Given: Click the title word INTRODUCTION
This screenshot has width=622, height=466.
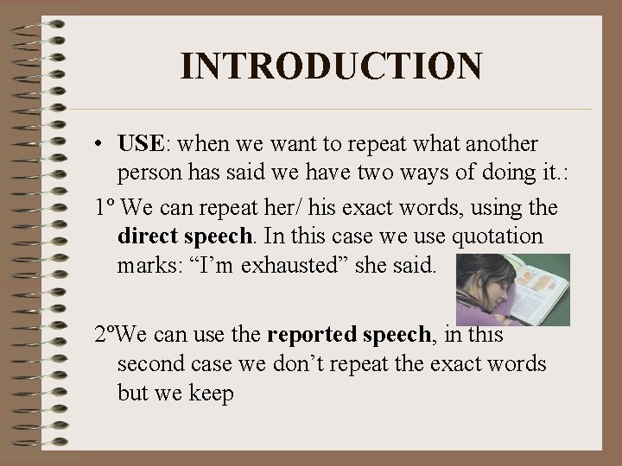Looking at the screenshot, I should (332, 66).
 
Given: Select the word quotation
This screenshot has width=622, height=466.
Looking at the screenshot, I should (502, 236).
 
